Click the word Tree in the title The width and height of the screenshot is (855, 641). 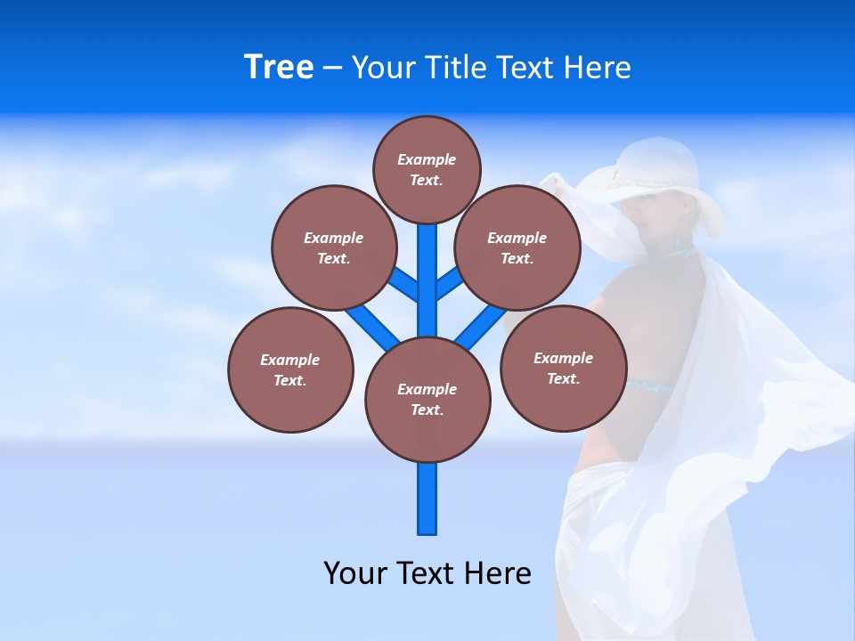[279, 68]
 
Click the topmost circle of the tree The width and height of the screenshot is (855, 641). [427, 169]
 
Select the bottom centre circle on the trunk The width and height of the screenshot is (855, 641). [427, 400]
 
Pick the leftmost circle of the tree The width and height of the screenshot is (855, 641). [290, 369]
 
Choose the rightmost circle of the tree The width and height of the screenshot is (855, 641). [563, 368]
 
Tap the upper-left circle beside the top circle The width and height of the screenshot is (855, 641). [333, 247]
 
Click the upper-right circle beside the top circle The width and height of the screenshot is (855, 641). [517, 247]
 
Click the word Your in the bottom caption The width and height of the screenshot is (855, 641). [355, 573]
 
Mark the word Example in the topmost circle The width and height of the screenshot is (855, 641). [427, 160]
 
